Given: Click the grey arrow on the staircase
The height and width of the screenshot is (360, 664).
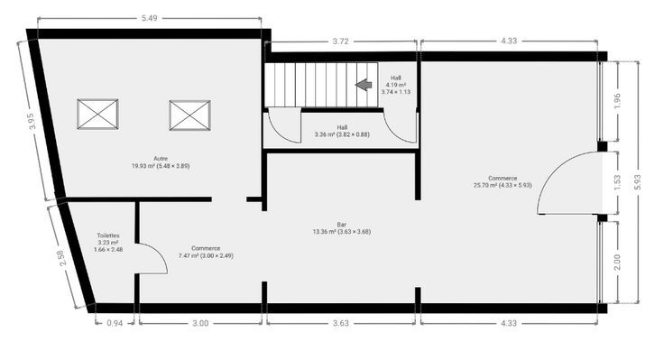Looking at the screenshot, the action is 364,85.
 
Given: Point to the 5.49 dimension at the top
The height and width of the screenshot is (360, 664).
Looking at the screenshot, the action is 150,18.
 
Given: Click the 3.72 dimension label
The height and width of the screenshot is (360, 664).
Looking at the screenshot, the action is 340,42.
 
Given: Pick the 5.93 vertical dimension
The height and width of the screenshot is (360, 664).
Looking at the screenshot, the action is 638,182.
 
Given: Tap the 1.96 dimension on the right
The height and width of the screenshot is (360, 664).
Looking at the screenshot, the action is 617,101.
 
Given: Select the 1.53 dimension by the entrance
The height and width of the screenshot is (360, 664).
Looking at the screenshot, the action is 617,182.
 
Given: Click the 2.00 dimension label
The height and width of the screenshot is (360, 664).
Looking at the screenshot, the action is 617,263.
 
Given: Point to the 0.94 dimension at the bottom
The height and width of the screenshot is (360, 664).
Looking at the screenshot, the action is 115,323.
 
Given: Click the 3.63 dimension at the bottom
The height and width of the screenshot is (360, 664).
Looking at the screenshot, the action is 340,323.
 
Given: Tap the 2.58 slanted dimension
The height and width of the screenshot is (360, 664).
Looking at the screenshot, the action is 63,258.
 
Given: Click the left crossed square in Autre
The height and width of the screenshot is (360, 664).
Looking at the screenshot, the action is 97,114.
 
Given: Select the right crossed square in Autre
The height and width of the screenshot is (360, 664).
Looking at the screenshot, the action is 189,115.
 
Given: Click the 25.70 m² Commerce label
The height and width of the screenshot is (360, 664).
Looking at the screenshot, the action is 503,181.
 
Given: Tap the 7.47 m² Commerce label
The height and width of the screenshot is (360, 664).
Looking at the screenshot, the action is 206,252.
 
